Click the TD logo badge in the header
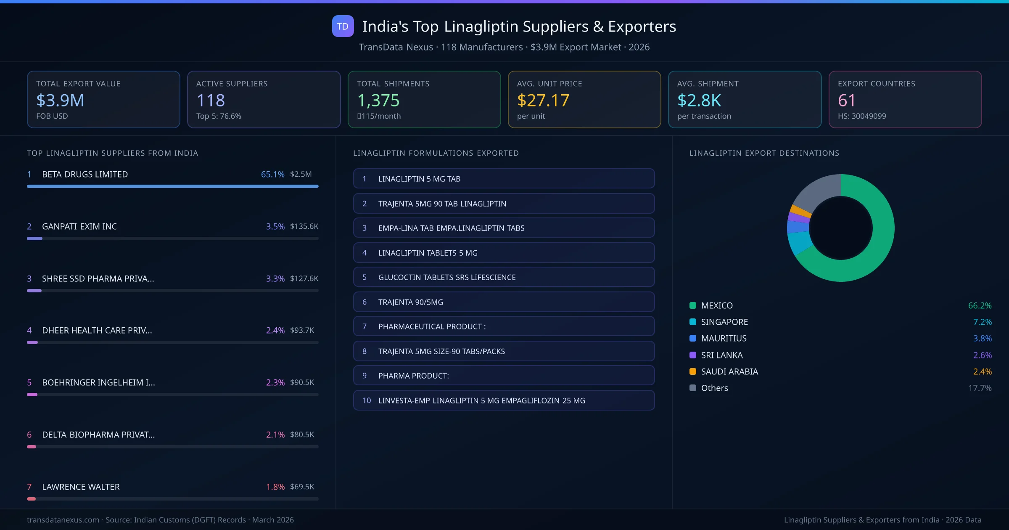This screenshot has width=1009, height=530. coord(343,26)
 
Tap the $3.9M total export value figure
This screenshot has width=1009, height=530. coord(60,101)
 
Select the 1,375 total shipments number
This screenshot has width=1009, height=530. coord(378,101)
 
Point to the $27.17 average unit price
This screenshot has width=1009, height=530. coord(543,101)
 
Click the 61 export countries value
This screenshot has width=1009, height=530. coord(846,101)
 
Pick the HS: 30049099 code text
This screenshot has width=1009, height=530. coord(861,116)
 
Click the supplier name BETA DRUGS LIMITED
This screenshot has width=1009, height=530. coord(85,174)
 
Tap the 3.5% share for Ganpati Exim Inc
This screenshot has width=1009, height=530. coord(275,226)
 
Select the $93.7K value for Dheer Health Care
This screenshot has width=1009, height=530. coord(302,330)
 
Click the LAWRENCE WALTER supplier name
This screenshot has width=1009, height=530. coord(81,487)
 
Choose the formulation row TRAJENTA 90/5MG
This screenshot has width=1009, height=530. coord(504,302)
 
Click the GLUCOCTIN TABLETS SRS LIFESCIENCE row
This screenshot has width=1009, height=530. coord(504,277)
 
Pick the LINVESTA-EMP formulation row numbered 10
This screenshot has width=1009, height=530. coord(504,400)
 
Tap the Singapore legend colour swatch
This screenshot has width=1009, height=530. coord(693,322)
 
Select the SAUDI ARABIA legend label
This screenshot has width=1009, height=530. coord(729,371)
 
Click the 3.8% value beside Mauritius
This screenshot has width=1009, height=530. coord(982,338)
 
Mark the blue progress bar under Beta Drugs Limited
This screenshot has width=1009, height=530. coord(172,186)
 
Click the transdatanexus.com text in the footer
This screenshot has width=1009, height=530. coord(63,520)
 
